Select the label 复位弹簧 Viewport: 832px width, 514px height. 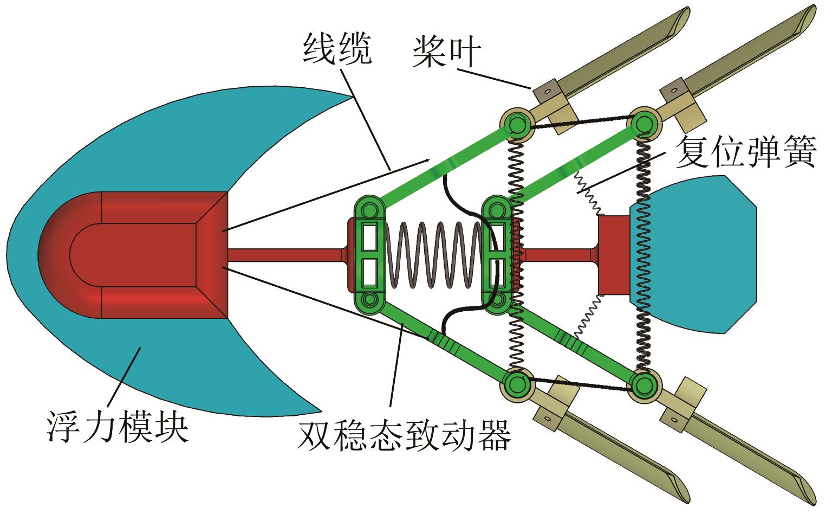click(x=745, y=152)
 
